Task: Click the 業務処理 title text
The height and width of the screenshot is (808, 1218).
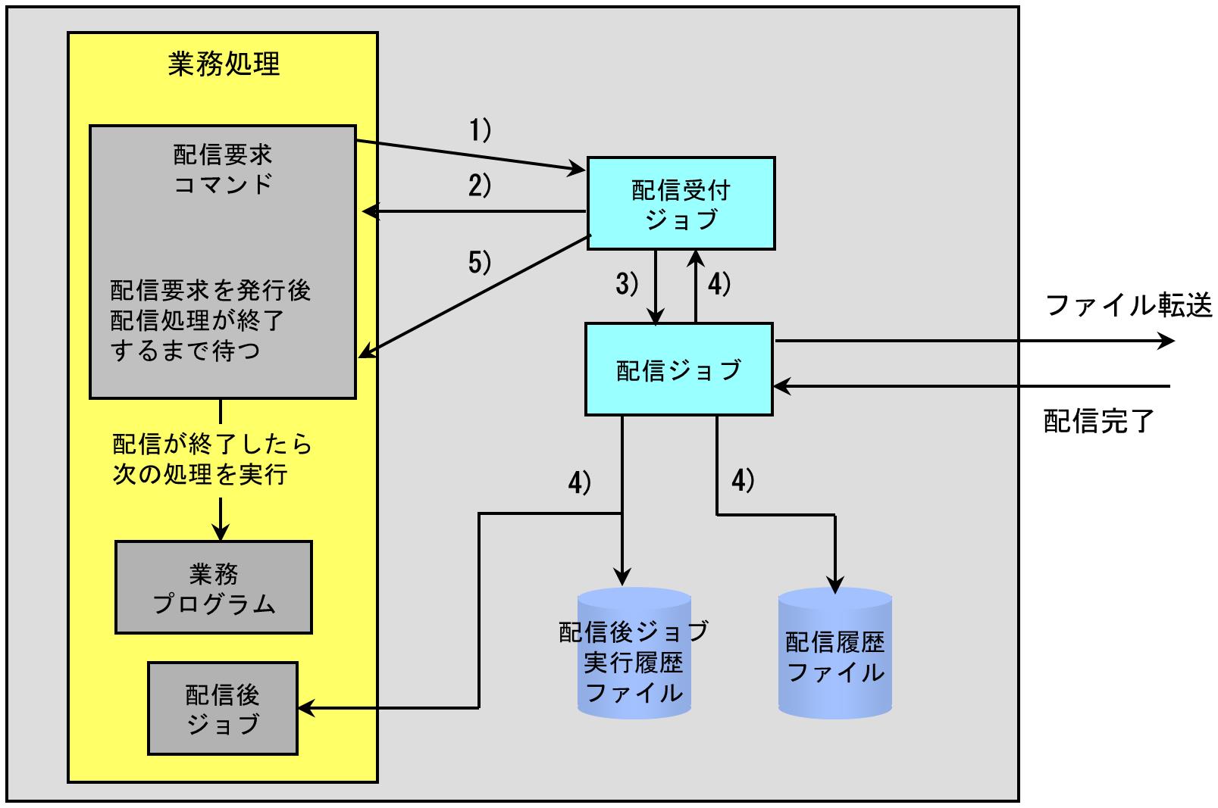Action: coord(224,64)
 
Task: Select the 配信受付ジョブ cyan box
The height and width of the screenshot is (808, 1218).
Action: coord(681,203)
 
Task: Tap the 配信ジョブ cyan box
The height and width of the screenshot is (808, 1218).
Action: coord(678,370)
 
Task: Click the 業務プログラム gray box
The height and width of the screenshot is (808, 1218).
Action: coord(214,587)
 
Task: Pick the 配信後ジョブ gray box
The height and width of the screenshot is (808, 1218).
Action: coord(223,708)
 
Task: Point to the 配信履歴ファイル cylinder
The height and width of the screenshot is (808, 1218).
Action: coord(834,653)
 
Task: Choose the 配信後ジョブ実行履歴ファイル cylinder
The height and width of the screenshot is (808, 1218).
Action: coord(634,653)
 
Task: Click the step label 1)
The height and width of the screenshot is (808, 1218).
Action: coord(480,131)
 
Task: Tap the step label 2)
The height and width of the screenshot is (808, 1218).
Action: coord(480,186)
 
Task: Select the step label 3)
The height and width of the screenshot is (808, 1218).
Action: coord(627,284)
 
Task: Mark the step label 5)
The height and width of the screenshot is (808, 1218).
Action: coord(480,263)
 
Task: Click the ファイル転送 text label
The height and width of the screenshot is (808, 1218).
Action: coord(1129,305)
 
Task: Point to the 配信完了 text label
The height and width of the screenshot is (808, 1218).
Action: coord(1098,421)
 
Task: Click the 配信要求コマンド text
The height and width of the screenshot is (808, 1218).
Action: coord(222,169)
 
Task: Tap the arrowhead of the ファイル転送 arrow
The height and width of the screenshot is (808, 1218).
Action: coord(1167,342)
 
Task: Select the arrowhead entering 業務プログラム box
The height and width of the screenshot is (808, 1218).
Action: coord(221,532)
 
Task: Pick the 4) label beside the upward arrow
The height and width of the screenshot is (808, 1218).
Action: coord(719,284)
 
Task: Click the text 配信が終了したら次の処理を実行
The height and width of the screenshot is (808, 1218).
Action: coord(211,459)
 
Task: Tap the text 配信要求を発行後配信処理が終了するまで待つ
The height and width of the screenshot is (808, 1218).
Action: coord(211,320)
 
